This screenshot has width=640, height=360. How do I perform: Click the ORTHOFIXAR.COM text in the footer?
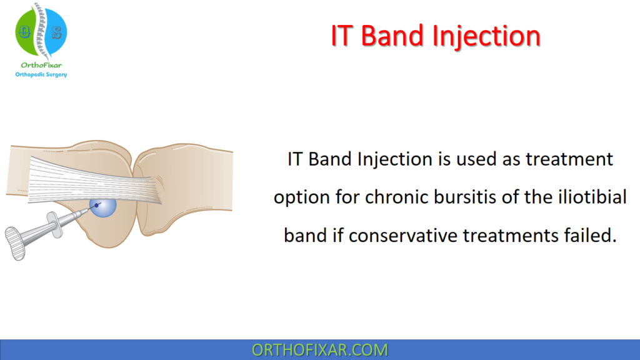319,350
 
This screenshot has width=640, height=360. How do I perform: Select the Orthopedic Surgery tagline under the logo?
41,74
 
